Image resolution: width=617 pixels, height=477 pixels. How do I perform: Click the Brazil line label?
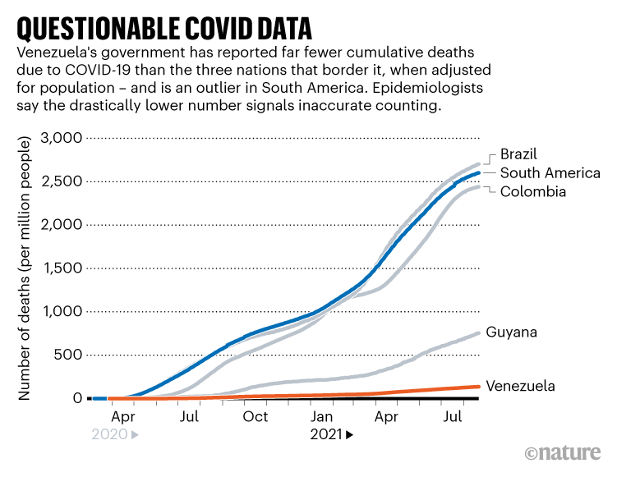click(519, 155)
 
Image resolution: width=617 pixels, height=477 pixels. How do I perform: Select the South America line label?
click(550, 173)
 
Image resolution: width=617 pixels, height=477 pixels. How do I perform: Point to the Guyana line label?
click(513, 333)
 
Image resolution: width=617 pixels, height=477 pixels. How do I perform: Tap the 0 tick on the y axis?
click(77, 398)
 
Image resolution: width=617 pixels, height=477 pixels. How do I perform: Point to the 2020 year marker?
click(110, 435)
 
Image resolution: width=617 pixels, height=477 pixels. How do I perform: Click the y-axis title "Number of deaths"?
click(25, 271)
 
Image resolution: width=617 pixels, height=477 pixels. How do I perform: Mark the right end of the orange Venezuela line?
click(479, 386)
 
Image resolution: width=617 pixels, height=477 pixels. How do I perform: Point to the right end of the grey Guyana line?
click(480, 333)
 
